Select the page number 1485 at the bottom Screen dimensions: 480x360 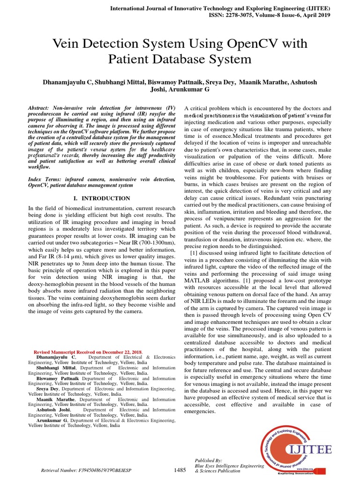(x=180, y=470)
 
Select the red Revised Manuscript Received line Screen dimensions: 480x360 (x=89, y=352)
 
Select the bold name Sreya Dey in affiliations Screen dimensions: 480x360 (x=48, y=389)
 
